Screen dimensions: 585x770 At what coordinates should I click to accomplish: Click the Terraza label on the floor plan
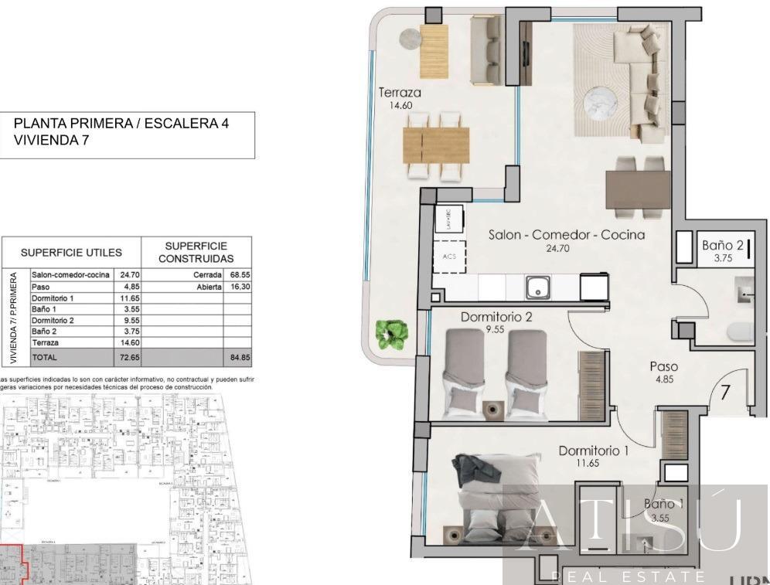(x=399, y=94)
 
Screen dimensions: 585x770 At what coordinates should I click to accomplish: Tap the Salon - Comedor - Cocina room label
(x=567, y=234)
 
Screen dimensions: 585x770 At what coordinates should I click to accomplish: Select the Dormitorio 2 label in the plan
(x=496, y=317)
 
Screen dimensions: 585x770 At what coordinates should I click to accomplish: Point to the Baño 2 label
(x=722, y=246)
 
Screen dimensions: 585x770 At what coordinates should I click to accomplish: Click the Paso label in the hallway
(x=663, y=367)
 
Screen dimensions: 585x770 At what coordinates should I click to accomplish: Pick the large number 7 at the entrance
(x=725, y=392)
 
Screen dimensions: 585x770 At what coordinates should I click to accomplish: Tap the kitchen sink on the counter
(x=537, y=288)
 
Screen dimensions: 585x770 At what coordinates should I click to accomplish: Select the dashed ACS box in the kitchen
(x=448, y=257)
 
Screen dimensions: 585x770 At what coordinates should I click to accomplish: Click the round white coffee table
(x=600, y=102)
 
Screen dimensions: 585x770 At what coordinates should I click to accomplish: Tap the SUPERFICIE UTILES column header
(x=71, y=253)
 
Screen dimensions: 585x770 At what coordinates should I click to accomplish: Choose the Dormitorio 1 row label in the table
(x=53, y=298)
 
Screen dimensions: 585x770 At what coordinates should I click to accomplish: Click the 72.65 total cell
(x=128, y=358)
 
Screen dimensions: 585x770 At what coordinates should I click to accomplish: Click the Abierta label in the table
(x=209, y=286)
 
